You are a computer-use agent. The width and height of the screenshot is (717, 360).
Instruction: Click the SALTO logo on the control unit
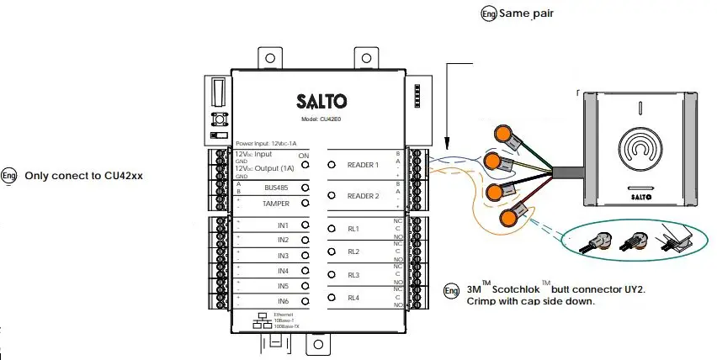[321, 103]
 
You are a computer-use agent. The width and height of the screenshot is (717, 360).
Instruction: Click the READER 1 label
[364, 165]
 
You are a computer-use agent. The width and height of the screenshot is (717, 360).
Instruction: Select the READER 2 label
[364, 196]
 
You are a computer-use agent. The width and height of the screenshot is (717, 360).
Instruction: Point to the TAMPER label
[276, 204]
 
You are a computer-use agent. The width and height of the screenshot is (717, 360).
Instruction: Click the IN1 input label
[284, 226]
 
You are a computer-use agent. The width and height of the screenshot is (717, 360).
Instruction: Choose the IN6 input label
[284, 301]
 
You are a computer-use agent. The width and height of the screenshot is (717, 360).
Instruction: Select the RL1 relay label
[354, 229]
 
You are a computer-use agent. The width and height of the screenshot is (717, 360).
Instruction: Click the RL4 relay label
[354, 299]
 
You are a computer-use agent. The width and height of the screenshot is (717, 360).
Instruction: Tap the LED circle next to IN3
[305, 256]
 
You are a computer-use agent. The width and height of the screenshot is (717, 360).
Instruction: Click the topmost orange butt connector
[502, 134]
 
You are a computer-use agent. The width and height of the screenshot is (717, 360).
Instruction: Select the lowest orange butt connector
[508, 219]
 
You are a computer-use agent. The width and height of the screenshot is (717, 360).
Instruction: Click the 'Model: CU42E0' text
[321, 120]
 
